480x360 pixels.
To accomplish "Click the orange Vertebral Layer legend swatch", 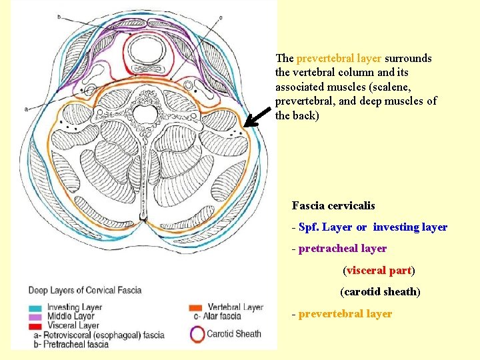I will pos(196,307).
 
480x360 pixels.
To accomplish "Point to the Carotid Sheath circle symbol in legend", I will pos(197,333).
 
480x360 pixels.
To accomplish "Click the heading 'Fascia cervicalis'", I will pos(333,206).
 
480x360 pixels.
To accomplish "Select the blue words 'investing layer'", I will pos(410,227).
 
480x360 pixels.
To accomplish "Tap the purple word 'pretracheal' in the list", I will pos(325,249).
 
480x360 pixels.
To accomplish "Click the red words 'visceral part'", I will pos(379,271).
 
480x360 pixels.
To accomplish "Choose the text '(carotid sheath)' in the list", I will pos(380,292).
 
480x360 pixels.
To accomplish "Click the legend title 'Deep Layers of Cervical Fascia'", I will pos(85,291).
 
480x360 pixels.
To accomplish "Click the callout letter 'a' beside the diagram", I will pos(25,108).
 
